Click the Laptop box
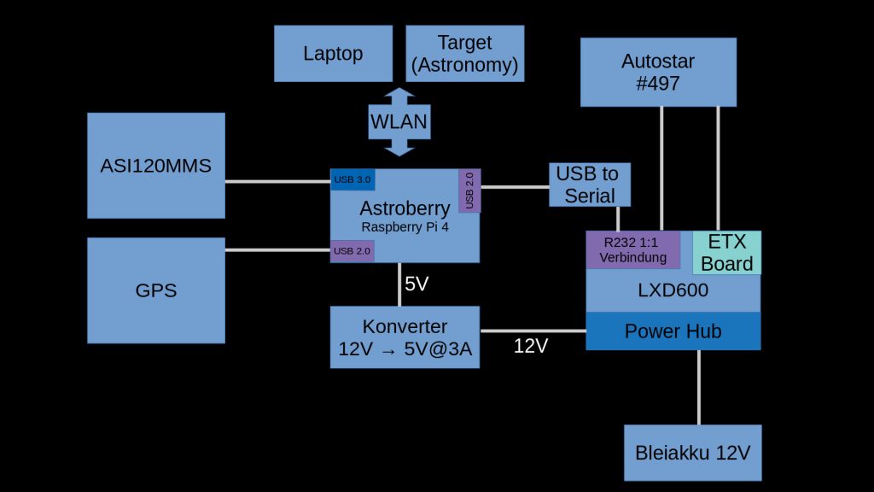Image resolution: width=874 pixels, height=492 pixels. [x=333, y=53]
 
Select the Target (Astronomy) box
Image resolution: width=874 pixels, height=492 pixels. [x=464, y=53]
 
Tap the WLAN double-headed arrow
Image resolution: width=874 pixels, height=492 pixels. [x=399, y=122]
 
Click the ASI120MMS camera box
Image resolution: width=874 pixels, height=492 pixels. [x=156, y=166]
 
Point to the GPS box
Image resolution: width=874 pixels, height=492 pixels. [x=156, y=290]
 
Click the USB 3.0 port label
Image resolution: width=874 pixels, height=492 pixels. [x=353, y=179]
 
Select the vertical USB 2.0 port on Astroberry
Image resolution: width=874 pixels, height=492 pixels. [x=469, y=190]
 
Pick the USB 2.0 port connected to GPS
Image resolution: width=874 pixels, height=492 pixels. [x=353, y=251]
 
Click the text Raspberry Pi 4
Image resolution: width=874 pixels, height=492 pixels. [x=405, y=227]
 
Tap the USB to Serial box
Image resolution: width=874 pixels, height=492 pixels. [x=589, y=184]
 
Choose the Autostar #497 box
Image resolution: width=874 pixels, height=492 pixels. [x=658, y=72]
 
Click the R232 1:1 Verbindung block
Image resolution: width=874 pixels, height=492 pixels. [x=632, y=249]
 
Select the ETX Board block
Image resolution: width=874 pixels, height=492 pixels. [x=726, y=252]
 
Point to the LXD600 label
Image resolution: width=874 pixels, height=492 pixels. [x=673, y=290]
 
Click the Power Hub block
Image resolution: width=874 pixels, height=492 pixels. [x=673, y=331]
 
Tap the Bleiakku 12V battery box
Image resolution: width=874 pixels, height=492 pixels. [x=692, y=453]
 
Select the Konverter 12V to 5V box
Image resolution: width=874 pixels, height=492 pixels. [x=405, y=337]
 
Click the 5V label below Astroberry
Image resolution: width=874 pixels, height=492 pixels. [x=417, y=284]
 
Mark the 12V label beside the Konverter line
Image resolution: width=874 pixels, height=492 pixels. [x=531, y=346]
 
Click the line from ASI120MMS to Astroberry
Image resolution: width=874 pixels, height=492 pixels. [x=277, y=181]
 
